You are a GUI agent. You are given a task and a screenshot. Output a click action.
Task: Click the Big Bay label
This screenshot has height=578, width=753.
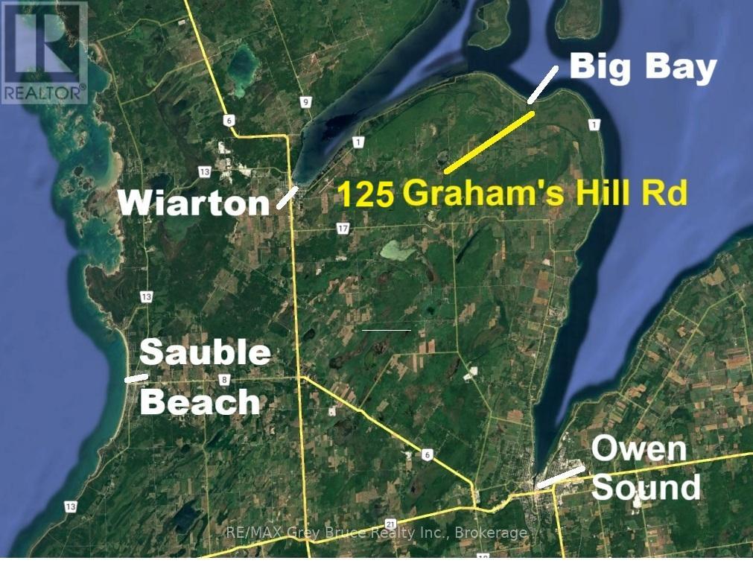point(643,69)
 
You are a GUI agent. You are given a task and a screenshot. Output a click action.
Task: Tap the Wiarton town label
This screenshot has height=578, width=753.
point(194,202)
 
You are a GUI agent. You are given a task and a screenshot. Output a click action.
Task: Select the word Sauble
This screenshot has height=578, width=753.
point(206,352)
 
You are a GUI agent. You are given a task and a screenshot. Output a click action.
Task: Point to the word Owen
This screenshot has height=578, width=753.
point(638,449)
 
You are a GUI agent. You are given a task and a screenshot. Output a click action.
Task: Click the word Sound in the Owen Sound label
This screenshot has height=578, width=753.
point(646,487)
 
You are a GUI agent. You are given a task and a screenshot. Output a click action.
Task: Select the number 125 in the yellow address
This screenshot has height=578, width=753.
point(366,195)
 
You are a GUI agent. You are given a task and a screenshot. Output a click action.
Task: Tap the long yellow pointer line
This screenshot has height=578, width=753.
point(489,142)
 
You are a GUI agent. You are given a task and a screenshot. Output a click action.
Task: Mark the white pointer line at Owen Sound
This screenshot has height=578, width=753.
point(560,477)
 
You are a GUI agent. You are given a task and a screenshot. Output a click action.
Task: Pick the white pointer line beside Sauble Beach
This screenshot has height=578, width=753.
point(136,378)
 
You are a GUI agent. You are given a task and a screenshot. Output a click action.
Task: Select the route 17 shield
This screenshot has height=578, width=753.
point(343,229)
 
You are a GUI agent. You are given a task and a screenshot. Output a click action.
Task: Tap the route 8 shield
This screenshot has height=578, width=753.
point(223,381)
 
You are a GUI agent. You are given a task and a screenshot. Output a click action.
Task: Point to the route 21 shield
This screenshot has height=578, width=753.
point(390,524)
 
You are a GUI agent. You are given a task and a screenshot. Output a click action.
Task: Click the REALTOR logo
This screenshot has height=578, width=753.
point(44,52)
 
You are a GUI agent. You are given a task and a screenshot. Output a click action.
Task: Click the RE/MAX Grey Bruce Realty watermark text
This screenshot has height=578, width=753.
point(376,533)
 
